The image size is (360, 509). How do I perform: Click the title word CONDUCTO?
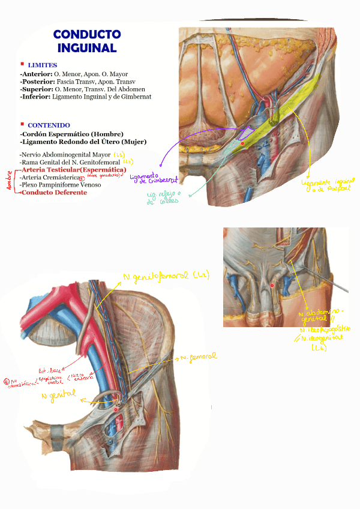(87, 34)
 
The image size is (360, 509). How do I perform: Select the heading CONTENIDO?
(49, 125)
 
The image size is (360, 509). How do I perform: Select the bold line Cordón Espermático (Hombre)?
(73, 134)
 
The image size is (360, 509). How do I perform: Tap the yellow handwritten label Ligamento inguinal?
(328, 182)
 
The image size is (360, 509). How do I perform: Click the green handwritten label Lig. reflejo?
(163, 197)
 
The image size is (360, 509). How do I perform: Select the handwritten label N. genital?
(59, 394)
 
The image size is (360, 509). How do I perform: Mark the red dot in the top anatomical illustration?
(242, 143)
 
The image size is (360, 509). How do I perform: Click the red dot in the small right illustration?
(272, 285)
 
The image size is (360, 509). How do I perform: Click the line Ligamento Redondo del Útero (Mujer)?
(83, 142)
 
